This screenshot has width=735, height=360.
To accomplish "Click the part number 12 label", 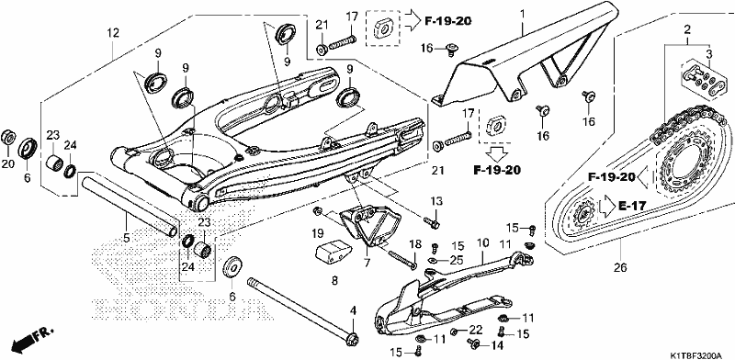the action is coord(113,33).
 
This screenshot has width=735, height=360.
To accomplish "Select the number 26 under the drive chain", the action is coord(619,268).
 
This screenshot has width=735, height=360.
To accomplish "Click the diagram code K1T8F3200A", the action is coord(699,353).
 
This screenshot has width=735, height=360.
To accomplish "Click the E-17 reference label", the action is coord(632,206).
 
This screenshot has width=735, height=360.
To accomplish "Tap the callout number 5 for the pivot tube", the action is coord(127,238).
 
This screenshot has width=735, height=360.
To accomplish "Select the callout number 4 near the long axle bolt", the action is coord(354,309).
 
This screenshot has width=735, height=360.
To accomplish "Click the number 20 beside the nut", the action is coord(9,164).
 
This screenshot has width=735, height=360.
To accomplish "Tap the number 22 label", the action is coord(475,330).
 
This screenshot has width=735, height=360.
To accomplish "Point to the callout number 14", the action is coord(497,345).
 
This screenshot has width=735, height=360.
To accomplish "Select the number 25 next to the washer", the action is coord(457,260).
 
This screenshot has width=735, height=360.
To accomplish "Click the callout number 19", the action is coord(318,232).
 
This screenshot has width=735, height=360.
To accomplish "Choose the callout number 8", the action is coord(334,281).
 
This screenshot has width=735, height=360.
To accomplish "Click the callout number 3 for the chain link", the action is coord(708,53).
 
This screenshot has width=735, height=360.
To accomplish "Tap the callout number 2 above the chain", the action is coord(687,30).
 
